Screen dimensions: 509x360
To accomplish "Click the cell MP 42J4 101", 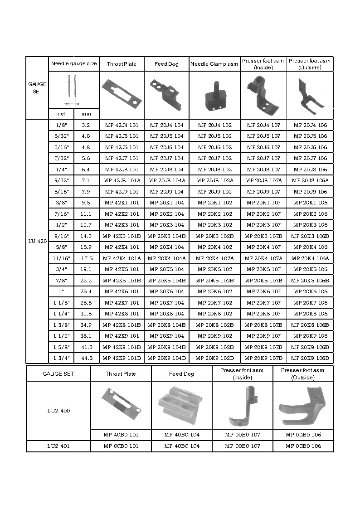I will pos(122,125).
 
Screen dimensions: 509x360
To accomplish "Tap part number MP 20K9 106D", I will pos(311,358).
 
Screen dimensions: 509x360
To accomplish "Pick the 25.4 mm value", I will pos(86,291).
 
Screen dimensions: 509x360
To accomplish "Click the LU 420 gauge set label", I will pos(37,241).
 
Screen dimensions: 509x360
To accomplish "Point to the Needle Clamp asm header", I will pos(214,64).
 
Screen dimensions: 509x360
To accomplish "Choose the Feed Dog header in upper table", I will pos(167,64).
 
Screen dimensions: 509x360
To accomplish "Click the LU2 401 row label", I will pos(58,446).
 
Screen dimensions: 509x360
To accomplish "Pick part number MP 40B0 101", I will pos(121,435).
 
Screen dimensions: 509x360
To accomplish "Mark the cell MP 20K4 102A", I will pos(214,258).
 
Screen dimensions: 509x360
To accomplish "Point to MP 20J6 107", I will pos(263,147).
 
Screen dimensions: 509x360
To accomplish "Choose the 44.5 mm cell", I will pos(86,358).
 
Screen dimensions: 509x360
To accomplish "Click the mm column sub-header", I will pos(86,114).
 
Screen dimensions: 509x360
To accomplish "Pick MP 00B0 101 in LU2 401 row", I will pos(121,446).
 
